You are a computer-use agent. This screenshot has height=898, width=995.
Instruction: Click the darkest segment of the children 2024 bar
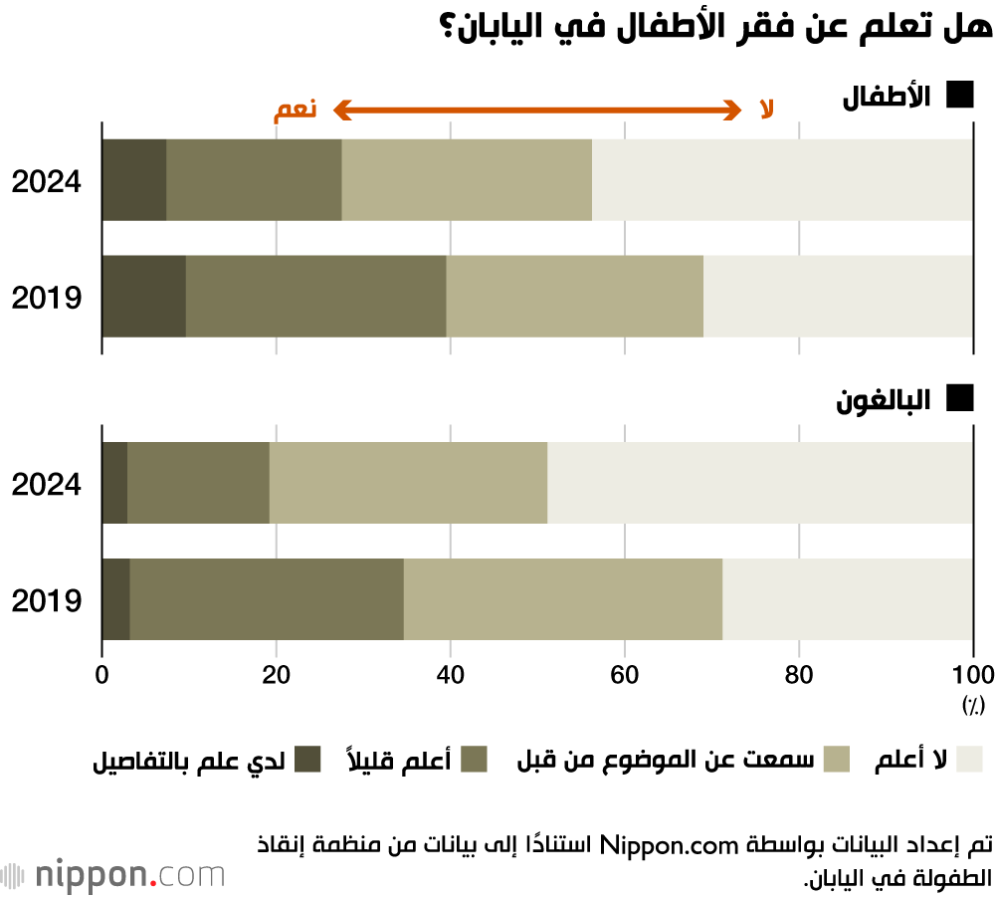pos(134,179)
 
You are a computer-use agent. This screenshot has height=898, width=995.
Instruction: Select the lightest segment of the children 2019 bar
pos(838,296)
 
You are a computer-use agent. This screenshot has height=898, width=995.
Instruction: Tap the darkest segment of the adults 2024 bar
pos(114,482)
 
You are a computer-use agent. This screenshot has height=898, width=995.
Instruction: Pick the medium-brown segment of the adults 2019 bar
pos(267,598)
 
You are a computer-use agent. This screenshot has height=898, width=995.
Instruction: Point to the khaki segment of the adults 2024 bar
pos(408,482)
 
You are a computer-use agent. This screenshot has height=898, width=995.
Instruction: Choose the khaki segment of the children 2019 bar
pos(574,296)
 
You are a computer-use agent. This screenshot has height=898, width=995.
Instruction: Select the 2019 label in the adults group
pos(46,600)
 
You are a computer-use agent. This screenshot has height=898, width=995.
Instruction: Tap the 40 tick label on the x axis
pos(451,673)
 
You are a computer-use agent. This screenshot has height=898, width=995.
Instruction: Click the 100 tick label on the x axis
pos(972,673)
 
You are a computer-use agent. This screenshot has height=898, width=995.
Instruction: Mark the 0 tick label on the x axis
pos(102,673)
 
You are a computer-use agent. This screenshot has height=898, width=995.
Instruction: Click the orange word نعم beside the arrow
pos(296,110)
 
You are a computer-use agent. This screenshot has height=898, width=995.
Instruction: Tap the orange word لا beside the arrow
pos(766,110)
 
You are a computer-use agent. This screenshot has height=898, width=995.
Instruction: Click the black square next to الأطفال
pos(959,96)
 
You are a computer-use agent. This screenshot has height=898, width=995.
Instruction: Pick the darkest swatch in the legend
pos(307,760)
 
